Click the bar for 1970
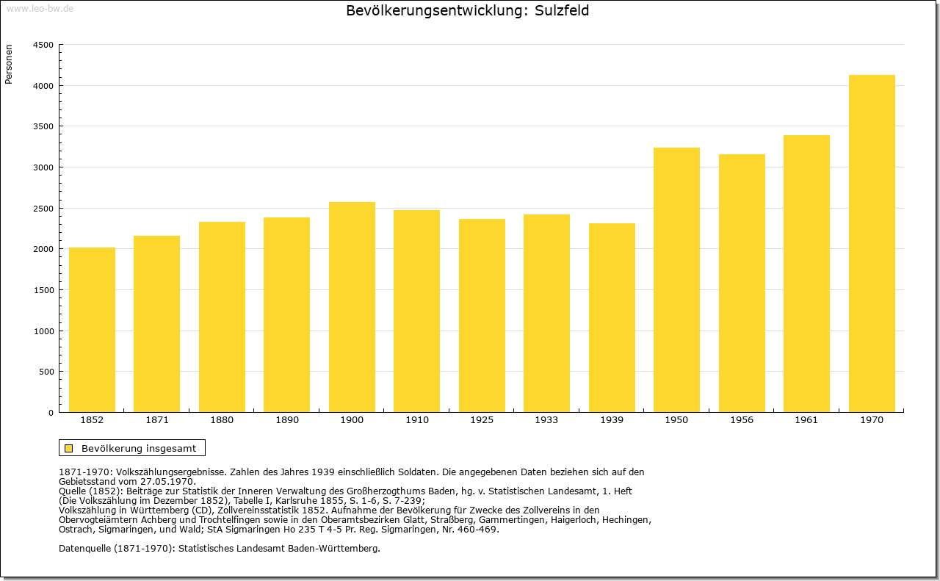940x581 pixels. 872,243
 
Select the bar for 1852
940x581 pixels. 92,330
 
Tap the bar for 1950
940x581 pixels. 676,280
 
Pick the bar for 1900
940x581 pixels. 352,307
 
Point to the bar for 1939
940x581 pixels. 612,318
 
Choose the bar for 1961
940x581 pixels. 806,274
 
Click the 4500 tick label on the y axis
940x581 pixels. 43,45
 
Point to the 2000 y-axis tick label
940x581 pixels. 43,249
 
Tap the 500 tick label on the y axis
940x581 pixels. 46,372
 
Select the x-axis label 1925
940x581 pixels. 482,420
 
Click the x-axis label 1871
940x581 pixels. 157,420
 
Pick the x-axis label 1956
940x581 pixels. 742,420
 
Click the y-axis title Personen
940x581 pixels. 9,64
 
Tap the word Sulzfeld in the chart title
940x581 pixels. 562,10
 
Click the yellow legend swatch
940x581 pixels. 69,448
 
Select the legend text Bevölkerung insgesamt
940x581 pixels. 139,448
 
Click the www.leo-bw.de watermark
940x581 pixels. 40,9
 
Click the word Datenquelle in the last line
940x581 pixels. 85,549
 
